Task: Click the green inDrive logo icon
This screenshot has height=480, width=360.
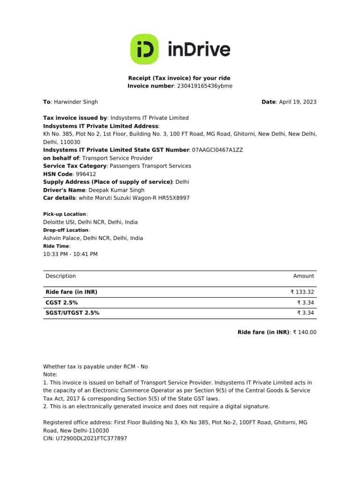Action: (x=145, y=49)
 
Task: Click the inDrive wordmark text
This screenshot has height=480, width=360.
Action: (x=199, y=49)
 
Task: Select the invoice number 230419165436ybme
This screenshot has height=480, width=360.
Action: (x=204, y=86)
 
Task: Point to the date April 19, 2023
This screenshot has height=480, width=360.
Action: (x=298, y=102)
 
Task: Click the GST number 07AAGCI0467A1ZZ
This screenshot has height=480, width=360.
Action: (x=217, y=150)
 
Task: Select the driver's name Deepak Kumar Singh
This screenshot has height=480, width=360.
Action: (x=117, y=190)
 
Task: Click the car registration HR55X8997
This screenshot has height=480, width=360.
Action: (x=174, y=198)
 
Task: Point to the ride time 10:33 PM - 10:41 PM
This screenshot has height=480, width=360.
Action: (x=70, y=254)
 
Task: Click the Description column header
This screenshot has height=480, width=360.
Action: (x=60, y=276)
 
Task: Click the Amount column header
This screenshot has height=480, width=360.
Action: (x=303, y=276)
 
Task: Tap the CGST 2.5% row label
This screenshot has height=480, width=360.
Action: (x=61, y=303)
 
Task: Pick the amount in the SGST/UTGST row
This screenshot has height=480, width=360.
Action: (x=306, y=313)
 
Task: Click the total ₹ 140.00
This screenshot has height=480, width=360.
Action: (x=305, y=332)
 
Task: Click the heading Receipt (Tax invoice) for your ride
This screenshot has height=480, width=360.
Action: (x=180, y=78)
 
